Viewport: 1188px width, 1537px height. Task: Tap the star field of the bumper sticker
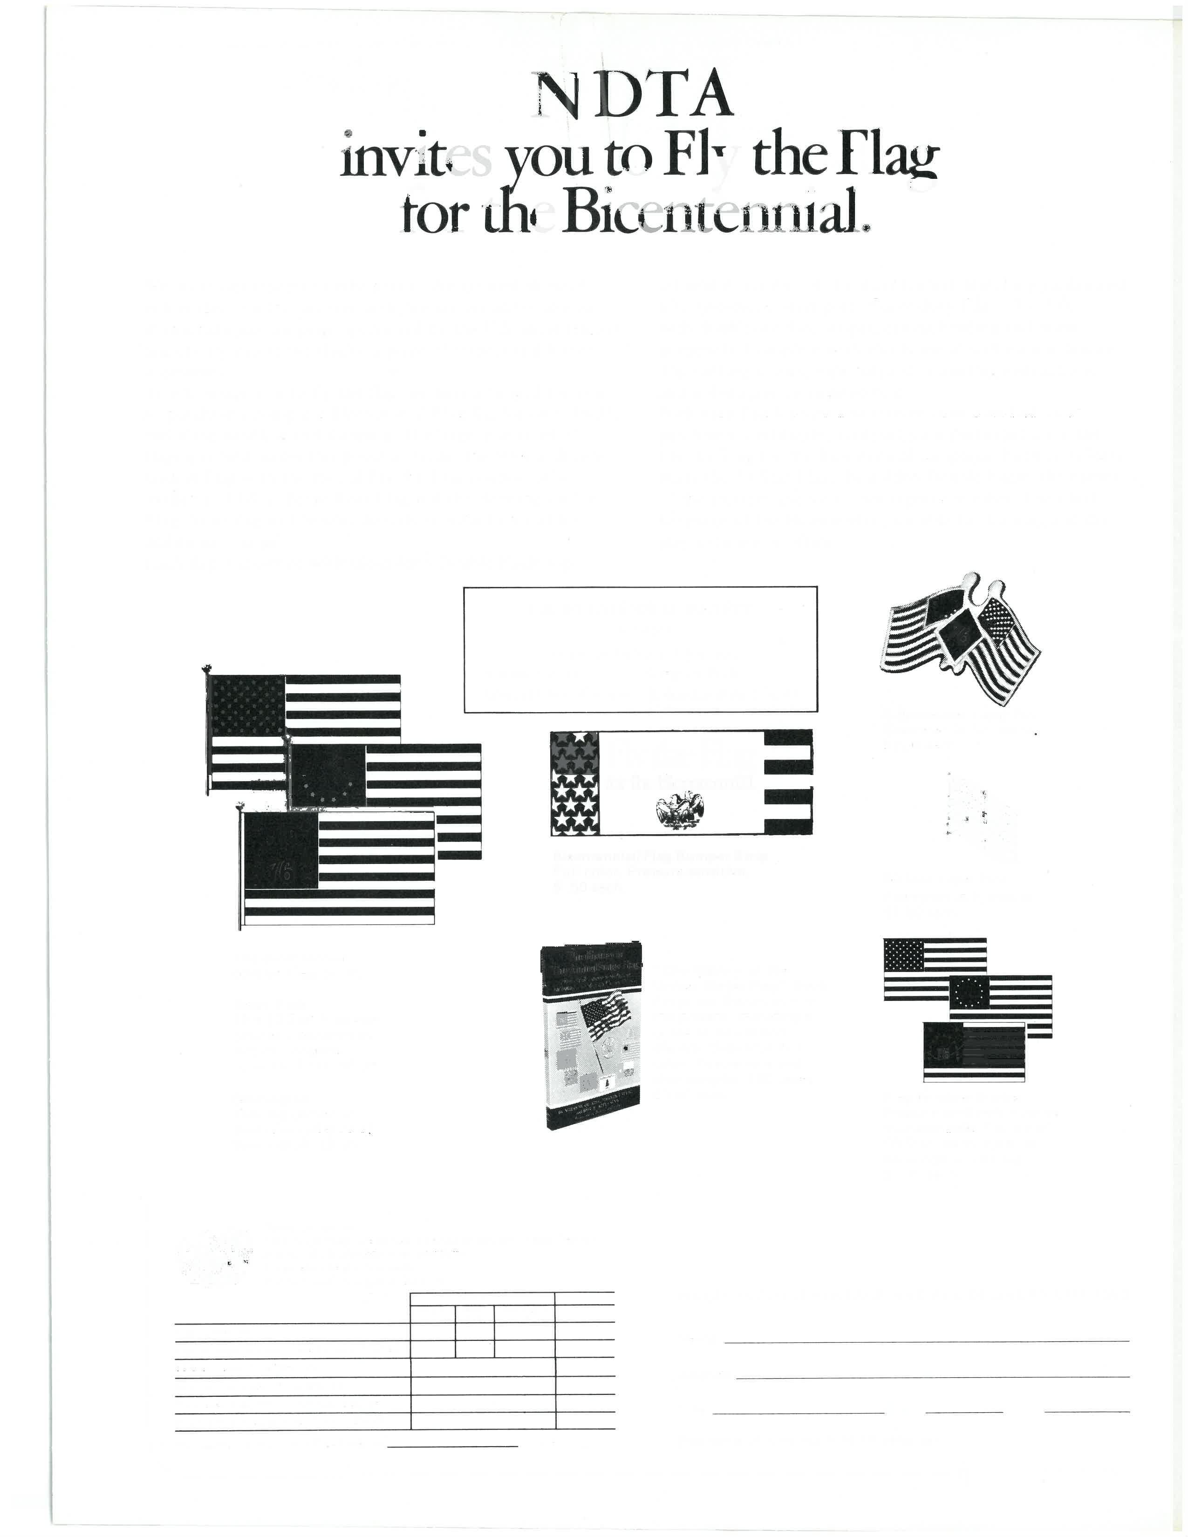575,782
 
